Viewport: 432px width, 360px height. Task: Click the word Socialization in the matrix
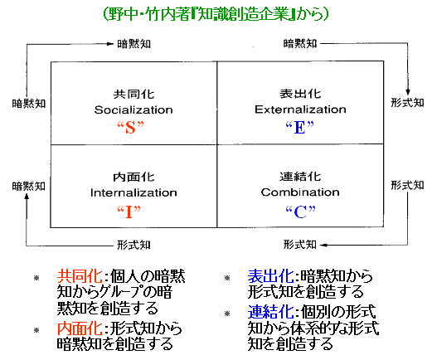[x=133, y=110]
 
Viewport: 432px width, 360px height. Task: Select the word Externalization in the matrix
[x=300, y=109]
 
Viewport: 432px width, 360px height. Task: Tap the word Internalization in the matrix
[x=133, y=192]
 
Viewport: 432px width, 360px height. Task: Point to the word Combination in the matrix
[x=300, y=192]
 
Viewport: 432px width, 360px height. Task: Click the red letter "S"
[x=131, y=128]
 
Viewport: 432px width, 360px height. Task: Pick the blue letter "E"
[x=300, y=128]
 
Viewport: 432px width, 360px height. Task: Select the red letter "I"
[x=129, y=212]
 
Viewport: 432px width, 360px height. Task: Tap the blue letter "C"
[x=300, y=212]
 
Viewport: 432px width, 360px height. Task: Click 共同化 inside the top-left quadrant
[x=133, y=95]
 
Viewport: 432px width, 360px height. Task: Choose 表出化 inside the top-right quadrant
[x=300, y=94]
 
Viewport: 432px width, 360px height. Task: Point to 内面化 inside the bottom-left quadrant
[x=133, y=177]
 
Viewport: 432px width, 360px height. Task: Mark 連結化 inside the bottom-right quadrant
[x=300, y=177]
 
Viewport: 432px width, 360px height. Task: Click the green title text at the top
[x=216, y=14]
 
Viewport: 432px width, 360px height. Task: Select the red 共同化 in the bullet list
[x=80, y=276]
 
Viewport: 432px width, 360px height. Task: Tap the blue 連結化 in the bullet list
[x=270, y=312]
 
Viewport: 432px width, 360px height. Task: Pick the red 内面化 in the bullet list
[x=80, y=328]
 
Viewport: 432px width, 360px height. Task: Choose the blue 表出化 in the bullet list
[x=270, y=276]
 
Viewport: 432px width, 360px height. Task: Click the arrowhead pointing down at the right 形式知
[x=408, y=92]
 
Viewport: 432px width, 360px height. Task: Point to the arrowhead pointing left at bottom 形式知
[x=324, y=245]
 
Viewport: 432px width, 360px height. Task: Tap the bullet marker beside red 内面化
[x=36, y=330]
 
